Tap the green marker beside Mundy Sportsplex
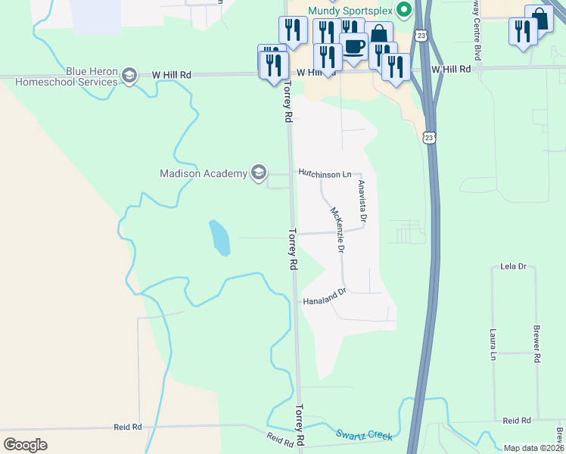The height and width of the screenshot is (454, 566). pyautogui.click(x=404, y=10)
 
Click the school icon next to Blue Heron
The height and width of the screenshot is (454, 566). pyautogui.click(x=130, y=76)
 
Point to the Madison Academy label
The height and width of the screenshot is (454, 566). pyautogui.click(x=204, y=173)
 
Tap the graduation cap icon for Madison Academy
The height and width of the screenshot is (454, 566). pyautogui.click(x=259, y=173)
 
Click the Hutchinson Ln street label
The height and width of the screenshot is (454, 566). pyautogui.click(x=325, y=173)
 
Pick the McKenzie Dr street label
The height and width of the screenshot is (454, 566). pyautogui.click(x=337, y=229)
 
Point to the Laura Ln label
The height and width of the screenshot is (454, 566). pyautogui.click(x=493, y=344)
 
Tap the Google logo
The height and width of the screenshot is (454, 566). pyautogui.click(x=25, y=444)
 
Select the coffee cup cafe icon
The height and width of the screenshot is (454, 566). pyautogui.click(x=353, y=47)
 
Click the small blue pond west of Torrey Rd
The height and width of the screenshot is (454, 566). pyautogui.click(x=219, y=238)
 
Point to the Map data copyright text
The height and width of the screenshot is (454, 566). pyautogui.click(x=534, y=448)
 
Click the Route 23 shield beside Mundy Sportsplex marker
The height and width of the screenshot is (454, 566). pyautogui.click(x=421, y=35)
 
